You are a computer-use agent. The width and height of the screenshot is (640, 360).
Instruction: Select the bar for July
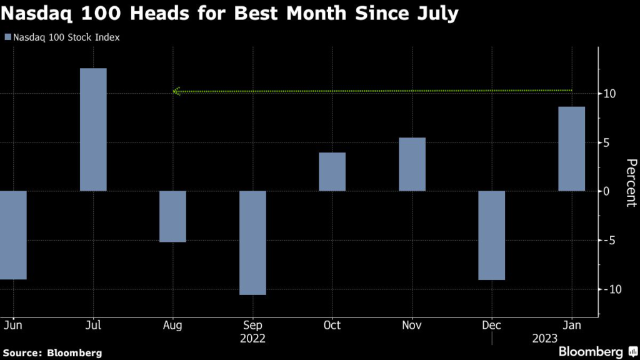click(93, 129)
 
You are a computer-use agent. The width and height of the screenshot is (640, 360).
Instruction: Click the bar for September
click(252, 242)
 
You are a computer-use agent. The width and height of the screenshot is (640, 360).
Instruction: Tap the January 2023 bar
click(571, 149)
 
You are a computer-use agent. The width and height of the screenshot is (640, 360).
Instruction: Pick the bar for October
click(332, 172)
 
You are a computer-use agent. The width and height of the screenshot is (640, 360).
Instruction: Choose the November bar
click(412, 164)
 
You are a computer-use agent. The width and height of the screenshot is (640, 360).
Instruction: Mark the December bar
click(491, 235)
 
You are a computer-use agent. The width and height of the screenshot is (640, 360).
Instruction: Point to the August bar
click(172, 216)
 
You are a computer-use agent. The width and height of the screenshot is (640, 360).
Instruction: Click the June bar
click(13, 235)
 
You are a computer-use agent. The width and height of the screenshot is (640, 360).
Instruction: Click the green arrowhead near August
click(176, 92)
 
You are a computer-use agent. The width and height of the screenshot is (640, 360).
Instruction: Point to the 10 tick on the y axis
click(609, 94)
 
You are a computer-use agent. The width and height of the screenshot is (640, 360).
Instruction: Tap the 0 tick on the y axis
click(607, 191)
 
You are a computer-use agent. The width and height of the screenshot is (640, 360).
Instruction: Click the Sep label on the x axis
click(252, 326)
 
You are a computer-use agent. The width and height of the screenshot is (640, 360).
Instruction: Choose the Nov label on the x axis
click(412, 326)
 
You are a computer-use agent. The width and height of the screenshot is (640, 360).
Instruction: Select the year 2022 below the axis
click(252, 338)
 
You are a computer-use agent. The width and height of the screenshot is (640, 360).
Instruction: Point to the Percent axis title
click(631, 182)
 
